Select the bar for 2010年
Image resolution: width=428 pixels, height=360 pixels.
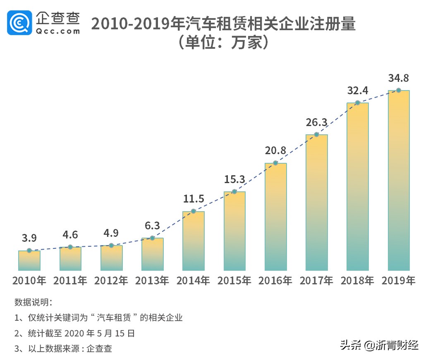[29, 260]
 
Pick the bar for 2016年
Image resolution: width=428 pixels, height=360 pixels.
[276, 217]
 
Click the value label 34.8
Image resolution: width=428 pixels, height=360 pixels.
[399, 78]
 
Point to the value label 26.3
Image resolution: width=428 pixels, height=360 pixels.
[316, 122]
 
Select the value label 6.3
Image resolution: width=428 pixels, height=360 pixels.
[153, 226]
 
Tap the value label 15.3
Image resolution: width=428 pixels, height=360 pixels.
[234, 179]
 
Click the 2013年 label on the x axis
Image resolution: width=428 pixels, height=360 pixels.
[152, 281]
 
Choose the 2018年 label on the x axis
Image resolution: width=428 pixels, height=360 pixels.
[358, 281]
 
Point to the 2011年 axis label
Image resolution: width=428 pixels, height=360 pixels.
[70, 281]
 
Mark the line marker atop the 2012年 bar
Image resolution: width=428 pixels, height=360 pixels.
[111, 246]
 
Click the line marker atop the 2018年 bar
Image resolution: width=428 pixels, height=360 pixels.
[358, 103]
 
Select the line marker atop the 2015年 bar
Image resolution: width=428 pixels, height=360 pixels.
[234, 191]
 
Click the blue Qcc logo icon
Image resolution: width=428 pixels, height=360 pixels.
[20, 23]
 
